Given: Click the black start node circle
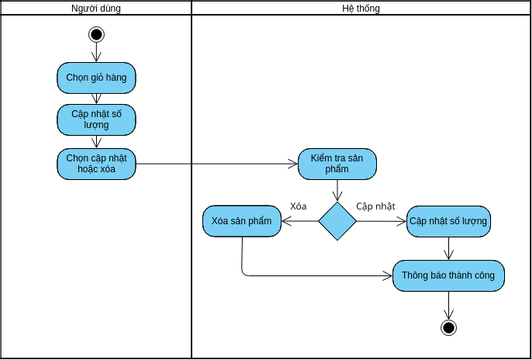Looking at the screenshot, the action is tap(96, 35).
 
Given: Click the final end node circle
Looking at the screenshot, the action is tap(449, 328).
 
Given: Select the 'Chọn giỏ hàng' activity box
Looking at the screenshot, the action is tap(96, 78).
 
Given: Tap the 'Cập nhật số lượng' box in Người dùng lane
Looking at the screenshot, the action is tap(96, 120).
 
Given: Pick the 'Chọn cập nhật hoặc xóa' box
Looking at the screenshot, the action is tap(96, 164).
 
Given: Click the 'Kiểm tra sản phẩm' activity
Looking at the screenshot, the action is tap(337, 164).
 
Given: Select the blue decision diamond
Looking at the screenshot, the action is tap(337, 222).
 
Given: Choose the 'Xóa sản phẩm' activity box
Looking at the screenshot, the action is tap(242, 221).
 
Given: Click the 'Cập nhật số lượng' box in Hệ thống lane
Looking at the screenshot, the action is tap(449, 222).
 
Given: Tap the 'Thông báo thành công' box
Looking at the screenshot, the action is tap(449, 276).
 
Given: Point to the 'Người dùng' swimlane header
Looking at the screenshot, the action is tap(96, 8).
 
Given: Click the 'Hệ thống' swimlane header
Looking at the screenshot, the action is tap(361, 8).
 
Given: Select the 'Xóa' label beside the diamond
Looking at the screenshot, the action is tap(298, 206).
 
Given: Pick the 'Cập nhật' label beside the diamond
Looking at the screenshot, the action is tap(376, 206).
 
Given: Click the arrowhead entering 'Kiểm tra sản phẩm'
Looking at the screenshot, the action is tap(293, 164).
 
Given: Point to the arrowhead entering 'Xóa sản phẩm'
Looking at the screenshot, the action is tap(287, 222).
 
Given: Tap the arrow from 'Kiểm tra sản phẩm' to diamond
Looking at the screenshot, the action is tap(337, 191).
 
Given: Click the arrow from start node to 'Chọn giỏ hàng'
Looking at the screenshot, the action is tap(96, 52).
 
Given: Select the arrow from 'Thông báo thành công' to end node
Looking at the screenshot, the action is tap(449, 305).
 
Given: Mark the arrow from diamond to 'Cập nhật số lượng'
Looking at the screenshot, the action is tap(381, 222).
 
